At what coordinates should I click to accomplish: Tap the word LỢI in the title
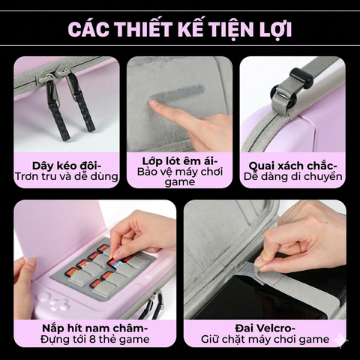pyautogui.click(x=271, y=29)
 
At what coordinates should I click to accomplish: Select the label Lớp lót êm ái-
pyautogui.click(x=179, y=160)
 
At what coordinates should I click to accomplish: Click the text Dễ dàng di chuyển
pyautogui.click(x=292, y=177)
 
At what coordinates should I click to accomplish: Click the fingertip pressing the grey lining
pyautogui.click(x=154, y=107)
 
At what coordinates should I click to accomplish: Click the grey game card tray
pyautogui.click(x=112, y=270)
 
